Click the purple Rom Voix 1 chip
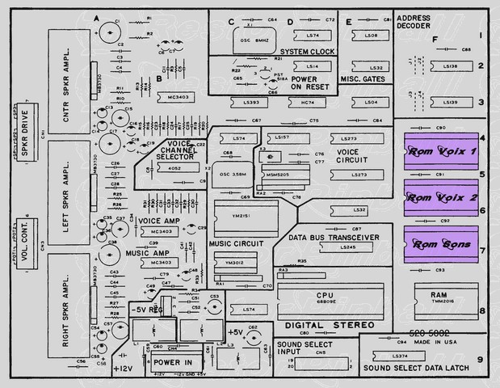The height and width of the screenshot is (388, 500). (x=440, y=150)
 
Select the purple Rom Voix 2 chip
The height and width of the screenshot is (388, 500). (x=440, y=196)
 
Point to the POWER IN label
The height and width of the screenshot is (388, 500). (x=173, y=362)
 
